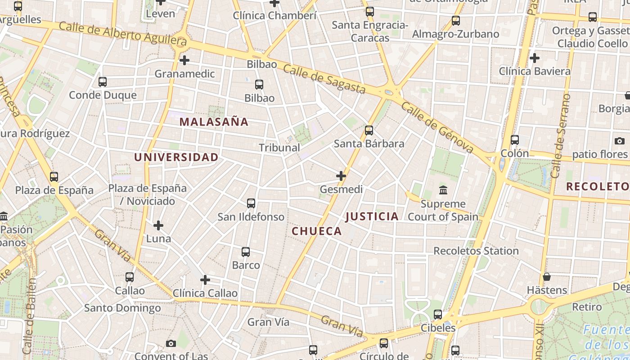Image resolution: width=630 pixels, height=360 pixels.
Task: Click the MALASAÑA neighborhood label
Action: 214,122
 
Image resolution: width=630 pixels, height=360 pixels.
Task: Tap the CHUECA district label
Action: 317,231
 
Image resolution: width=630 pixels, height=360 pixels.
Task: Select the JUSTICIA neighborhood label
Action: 372,216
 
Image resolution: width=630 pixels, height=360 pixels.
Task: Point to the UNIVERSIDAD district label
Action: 176,157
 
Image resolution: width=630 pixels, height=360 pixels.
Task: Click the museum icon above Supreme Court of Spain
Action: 443,190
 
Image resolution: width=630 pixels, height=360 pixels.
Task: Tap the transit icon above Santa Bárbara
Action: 369,130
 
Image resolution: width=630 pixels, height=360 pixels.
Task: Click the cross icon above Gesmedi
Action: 341,175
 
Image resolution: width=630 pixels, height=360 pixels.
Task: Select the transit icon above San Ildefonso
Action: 251,203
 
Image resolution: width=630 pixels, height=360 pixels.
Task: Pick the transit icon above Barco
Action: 246,252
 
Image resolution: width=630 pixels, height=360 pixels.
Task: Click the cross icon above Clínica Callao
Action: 205,280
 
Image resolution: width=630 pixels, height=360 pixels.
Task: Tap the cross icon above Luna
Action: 158,225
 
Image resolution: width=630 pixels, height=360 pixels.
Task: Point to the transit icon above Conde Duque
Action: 103,82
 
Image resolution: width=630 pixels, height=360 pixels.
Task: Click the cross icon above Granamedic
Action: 184,60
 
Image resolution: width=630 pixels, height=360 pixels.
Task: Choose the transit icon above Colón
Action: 515,140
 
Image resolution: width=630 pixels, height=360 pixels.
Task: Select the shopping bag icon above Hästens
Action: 547,276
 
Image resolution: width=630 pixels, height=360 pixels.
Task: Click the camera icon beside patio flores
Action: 620,141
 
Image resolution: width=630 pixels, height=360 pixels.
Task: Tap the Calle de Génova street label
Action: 437,126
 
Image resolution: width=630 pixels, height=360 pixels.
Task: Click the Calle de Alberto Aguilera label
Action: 122,34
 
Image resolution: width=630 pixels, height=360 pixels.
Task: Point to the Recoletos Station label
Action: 476,251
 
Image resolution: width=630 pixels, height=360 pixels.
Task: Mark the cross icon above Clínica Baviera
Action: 535,58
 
